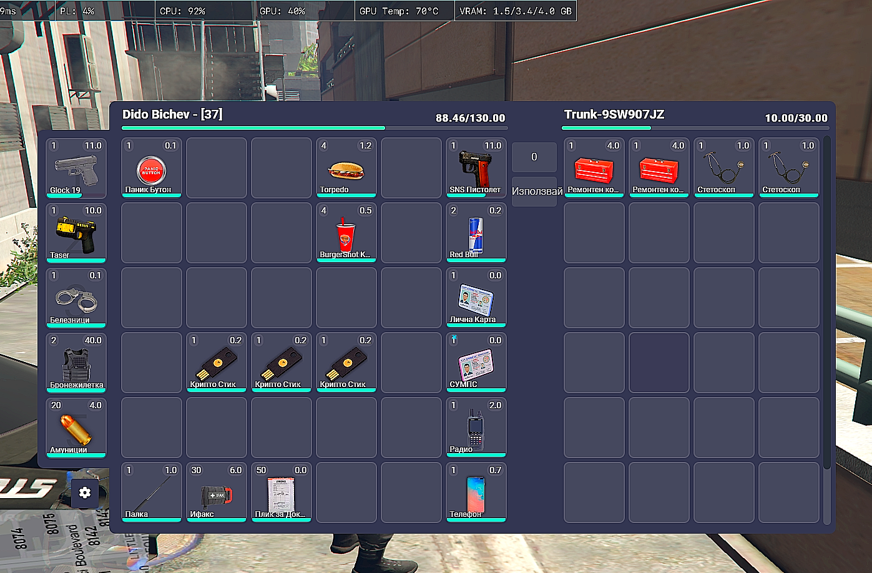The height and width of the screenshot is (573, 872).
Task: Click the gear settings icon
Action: (x=85, y=492)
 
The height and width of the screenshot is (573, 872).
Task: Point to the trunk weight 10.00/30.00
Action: (x=796, y=118)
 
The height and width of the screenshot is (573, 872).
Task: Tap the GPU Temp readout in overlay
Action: (x=399, y=11)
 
